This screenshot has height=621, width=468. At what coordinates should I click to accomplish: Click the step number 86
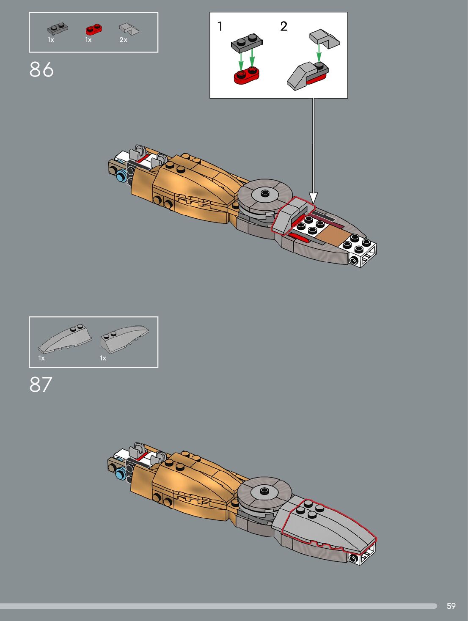(x=41, y=69)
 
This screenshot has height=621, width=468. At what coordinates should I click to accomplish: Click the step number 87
(x=41, y=385)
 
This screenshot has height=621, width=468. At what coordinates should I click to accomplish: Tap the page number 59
(x=451, y=606)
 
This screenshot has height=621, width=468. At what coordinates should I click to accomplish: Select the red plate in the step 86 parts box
(x=94, y=29)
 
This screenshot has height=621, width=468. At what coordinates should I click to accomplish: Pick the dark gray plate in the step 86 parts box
(x=58, y=29)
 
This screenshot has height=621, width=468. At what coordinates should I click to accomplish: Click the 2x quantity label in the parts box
(x=123, y=40)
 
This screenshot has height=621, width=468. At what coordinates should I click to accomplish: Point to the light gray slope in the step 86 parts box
(x=129, y=29)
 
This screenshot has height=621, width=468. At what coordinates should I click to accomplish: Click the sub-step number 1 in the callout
(x=220, y=26)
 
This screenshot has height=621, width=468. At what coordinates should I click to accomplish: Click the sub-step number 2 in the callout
(x=284, y=26)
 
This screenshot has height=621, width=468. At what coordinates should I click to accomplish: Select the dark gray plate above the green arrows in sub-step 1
(x=247, y=44)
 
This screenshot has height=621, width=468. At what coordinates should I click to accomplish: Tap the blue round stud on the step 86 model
(x=121, y=175)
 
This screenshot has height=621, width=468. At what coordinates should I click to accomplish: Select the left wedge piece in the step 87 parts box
(x=65, y=339)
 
